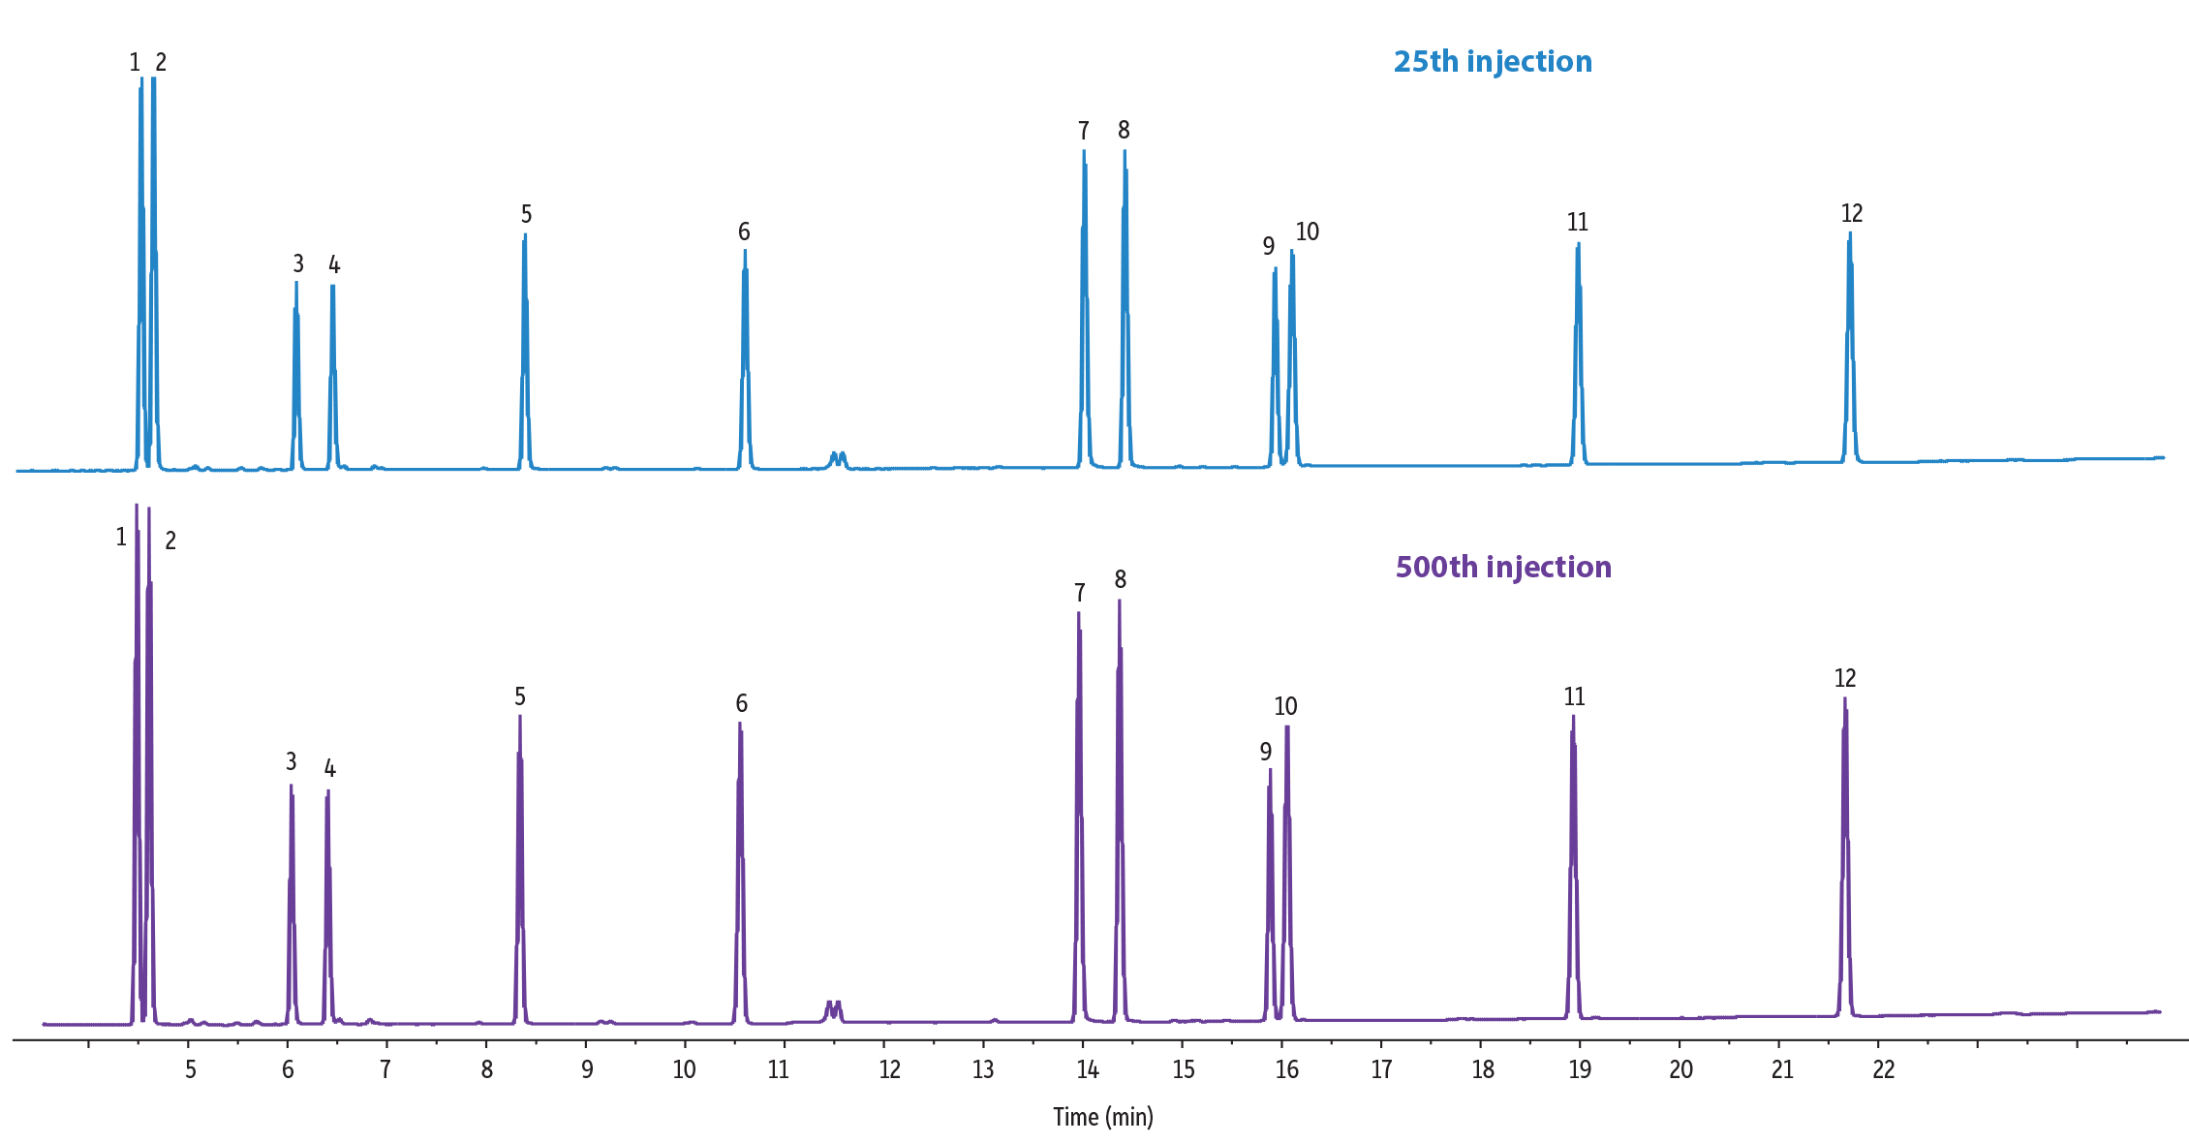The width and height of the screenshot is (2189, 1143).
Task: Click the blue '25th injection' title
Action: pos(1493,61)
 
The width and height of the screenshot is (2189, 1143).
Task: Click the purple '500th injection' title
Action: pos(1503,567)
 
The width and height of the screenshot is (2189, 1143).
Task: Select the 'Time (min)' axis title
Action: pos(1103,1117)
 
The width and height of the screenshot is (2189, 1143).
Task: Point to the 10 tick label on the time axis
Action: pos(684,1069)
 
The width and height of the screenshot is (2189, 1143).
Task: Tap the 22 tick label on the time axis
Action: pos(1883,1069)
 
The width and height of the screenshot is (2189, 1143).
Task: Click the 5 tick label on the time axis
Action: pos(191,1069)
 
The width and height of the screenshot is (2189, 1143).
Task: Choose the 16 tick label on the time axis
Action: pos(1286,1069)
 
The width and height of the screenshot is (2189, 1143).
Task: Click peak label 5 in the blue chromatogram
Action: pos(526,214)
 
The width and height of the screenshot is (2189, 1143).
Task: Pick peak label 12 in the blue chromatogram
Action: pos(1852,213)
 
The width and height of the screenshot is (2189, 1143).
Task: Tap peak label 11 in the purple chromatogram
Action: pos(1574,696)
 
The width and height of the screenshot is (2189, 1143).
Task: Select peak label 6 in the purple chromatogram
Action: pos(741,703)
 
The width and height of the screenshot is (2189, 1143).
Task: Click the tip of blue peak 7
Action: pos(1084,151)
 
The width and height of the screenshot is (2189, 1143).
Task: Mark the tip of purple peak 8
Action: pos(1119,601)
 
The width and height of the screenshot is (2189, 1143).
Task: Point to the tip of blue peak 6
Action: pos(745,251)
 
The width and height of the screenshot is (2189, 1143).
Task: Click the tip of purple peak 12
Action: pos(1844,698)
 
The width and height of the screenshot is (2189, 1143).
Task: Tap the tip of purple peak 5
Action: pos(520,716)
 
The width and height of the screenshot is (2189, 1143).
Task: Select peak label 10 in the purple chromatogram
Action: pos(1285,706)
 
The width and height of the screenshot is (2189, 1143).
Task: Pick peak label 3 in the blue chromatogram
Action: pos(298,263)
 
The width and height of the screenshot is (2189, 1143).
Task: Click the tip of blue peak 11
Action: pos(1578,244)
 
